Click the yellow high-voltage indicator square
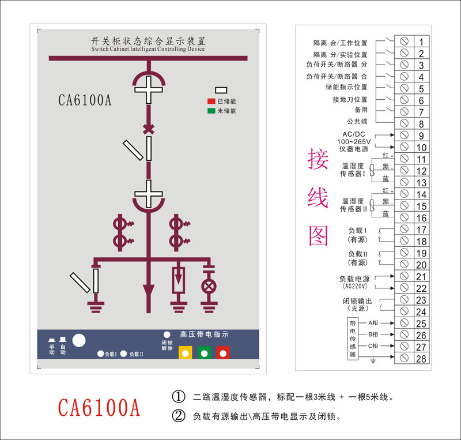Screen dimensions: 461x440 (x=186, y=352)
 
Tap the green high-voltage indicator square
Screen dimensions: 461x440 (x=204, y=352)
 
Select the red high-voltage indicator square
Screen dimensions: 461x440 (x=223, y=352)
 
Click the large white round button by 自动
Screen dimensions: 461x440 (x=79, y=340)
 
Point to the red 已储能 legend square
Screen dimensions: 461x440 (x=211, y=101)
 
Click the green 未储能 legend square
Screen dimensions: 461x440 (x=211, y=111)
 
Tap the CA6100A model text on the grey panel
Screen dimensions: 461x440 (x=84, y=100)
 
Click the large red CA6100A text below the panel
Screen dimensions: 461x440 (x=99, y=407)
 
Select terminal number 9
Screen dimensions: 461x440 (x=421, y=136)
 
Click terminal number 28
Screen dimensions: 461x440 (x=421, y=359)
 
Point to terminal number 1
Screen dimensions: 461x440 (x=421, y=42)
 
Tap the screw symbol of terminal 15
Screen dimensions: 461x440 (x=404, y=206)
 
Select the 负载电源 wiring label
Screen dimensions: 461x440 (x=354, y=279)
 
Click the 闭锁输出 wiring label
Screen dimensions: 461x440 (x=357, y=301)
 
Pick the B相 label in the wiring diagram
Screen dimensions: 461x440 (x=373, y=334)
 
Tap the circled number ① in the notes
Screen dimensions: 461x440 (x=179, y=397)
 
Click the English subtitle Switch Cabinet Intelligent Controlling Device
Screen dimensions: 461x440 (x=148, y=50)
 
